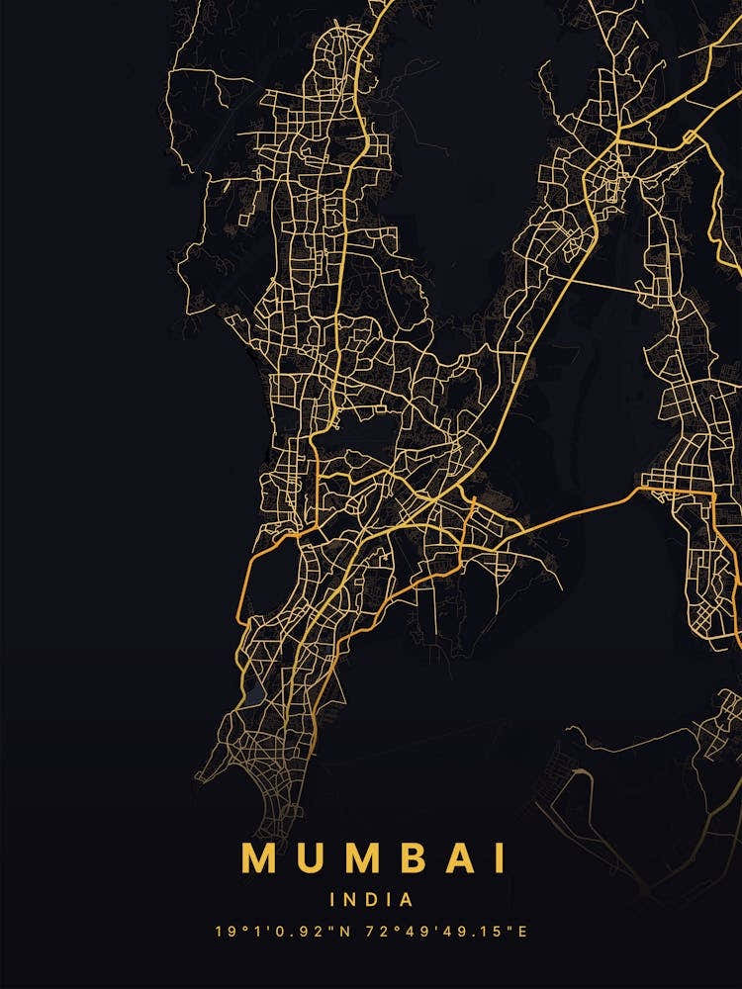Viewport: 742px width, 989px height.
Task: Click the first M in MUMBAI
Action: (x=258, y=857)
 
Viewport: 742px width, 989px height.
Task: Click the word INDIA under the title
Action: (x=371, y=900)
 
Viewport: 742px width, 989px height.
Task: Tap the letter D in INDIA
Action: (x=371, y=900)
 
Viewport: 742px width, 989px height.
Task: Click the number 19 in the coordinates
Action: (x=224, y=932)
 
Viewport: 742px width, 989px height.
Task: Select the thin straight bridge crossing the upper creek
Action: (x=603, y=284)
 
